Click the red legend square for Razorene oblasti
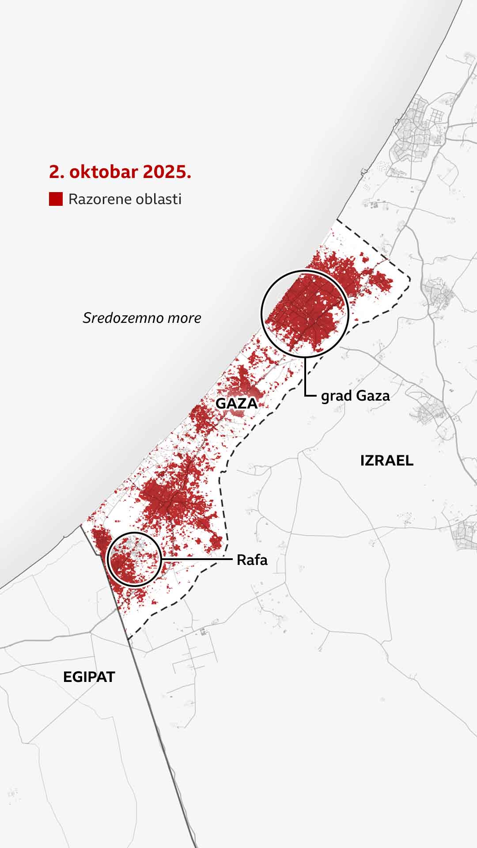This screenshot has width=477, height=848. [56, 199]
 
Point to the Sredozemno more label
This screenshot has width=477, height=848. [142, 318]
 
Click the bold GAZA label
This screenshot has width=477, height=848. [236, 403]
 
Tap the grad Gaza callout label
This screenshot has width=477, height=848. [355, 396]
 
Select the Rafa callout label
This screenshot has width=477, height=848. [252, 560]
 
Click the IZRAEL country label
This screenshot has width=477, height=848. [387, 461]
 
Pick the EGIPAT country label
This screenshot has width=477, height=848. [89, 677]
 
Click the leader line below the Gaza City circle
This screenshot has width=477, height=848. [305, 375]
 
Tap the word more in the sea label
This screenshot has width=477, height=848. [185, 318]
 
